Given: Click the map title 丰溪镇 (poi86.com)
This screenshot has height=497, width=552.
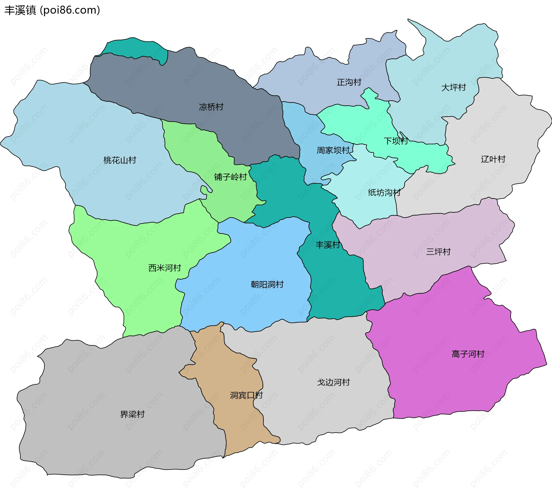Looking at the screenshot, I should coord(52,10).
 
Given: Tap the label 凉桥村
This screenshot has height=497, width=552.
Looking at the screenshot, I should coord(211,107).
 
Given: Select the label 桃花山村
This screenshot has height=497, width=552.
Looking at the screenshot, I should coord(120,160).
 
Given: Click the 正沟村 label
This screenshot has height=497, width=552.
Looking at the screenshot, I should coord(349,82).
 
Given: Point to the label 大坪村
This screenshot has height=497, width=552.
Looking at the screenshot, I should coord(453,87).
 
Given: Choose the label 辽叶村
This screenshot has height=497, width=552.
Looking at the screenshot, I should coord(493,159).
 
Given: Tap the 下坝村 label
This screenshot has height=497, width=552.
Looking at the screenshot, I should coord(396,141).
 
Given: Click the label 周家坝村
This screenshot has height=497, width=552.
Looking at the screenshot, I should coord(333,150).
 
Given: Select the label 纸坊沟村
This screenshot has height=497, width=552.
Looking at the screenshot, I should coord(384,192).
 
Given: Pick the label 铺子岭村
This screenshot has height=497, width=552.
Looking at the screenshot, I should coord(230,177).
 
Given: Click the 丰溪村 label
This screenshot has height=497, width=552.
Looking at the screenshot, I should coord(328,245).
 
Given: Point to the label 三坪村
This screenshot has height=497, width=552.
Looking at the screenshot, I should coord(438,252).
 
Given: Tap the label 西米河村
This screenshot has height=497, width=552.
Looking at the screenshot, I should coord(164,268).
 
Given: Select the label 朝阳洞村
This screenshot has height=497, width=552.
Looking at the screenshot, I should coord(267,284).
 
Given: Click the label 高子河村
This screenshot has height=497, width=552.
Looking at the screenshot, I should coord(468,354).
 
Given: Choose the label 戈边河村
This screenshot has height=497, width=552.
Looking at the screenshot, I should coord(333,382).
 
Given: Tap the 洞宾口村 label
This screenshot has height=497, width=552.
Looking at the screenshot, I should coord(246,395).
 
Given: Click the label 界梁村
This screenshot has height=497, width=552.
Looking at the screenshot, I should coord(132,414).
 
